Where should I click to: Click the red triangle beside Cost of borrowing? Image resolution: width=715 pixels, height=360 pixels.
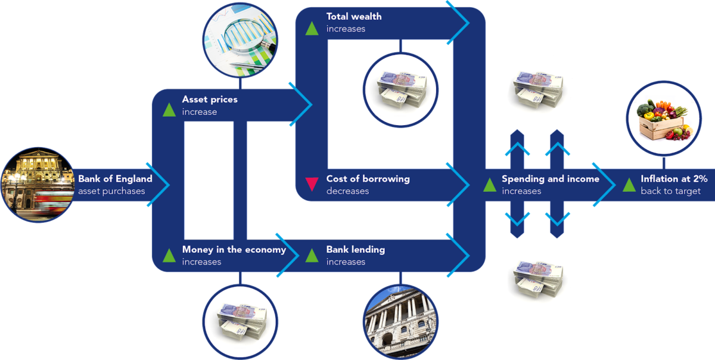[x=312, y=184]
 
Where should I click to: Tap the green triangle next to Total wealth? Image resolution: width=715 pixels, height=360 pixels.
[x=312, y=29]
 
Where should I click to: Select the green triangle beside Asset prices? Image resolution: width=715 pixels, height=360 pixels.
[x=169, y=110]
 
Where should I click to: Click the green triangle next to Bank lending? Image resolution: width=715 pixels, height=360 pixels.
[x=312, y=255]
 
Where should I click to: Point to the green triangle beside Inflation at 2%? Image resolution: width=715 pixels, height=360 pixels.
[x=629, y=185]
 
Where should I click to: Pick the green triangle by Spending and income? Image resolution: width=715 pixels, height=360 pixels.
[x=490, y=185]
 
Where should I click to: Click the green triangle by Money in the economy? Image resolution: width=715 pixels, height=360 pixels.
[x=169, y=255]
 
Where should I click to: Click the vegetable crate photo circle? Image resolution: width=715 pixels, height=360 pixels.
[x=664, y=119]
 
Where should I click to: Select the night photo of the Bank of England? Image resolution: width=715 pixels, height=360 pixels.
[x=38, y=185]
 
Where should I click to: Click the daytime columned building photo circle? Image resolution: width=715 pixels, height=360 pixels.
[x=400, y=322]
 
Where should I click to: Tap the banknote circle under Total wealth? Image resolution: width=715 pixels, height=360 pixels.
[x=400, y=91]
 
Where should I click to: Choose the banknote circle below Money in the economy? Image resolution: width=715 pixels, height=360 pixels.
[x=240, y=322]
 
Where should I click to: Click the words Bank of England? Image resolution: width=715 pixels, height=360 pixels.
[x=115, y=179]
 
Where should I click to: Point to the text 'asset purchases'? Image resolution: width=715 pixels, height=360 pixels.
[x=111, y=191]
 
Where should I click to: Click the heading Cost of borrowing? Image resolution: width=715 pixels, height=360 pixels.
[x=368, y=179]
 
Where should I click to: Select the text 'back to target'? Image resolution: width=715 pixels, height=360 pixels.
[x=671, y=191]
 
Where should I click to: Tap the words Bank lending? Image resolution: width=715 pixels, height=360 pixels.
[x=356, y=250]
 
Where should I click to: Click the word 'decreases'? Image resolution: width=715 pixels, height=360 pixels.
[x=347, y=191]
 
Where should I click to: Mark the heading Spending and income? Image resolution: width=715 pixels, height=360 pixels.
[x=551, y=179]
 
